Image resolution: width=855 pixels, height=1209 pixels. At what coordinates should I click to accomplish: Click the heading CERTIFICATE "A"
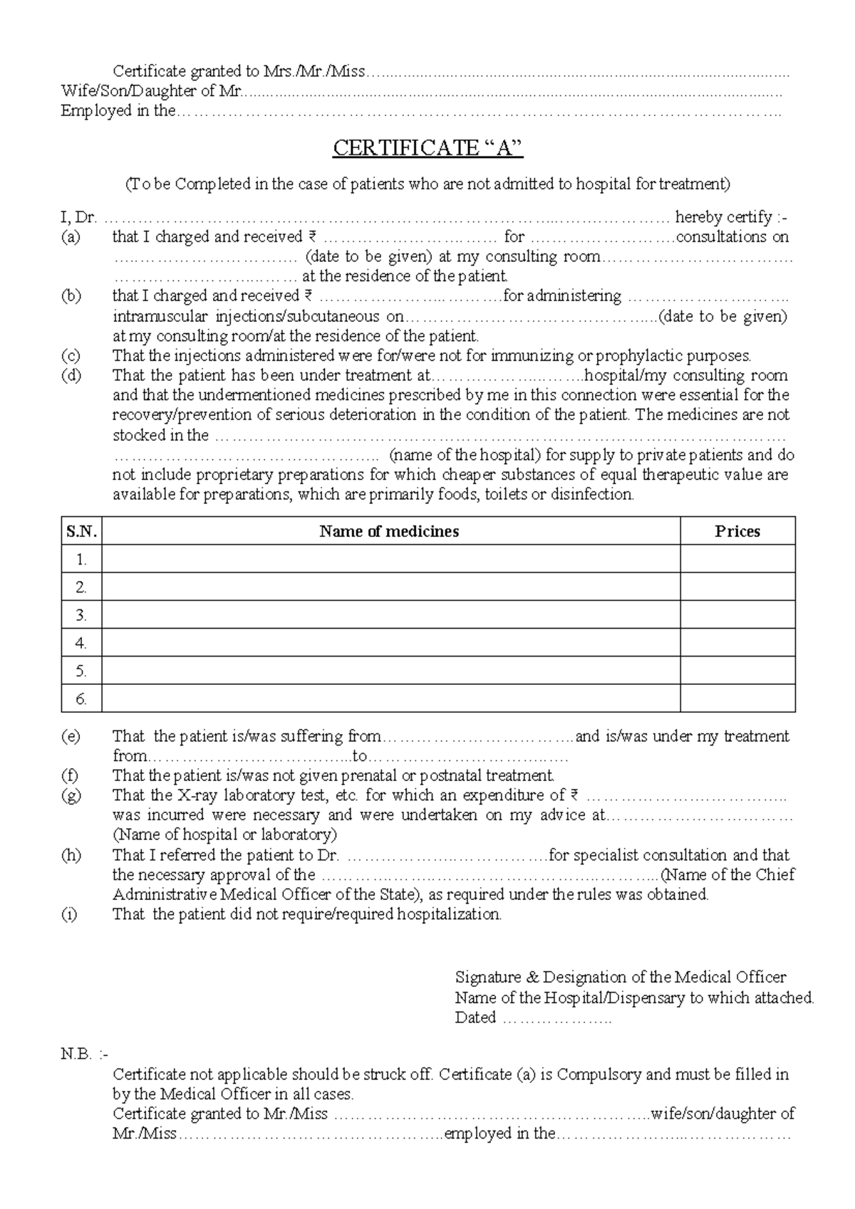tap(427, 148)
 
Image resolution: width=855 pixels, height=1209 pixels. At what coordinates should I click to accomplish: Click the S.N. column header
tap(81, 531)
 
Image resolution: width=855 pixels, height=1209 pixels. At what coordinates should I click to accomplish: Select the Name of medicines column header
tap(389, 531)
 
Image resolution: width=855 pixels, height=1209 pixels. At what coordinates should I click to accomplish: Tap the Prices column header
tap(737, 531)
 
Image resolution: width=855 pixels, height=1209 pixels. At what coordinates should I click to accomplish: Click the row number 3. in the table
tap(81, 615)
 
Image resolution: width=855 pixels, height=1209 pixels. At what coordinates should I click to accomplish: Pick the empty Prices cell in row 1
tap(737, 560)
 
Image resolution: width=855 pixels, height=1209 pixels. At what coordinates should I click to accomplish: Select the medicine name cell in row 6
tap(390, 698)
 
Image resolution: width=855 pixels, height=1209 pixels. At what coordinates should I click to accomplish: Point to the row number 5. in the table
tap(81, 671)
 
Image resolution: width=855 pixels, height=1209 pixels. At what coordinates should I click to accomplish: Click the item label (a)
tap(71, 237)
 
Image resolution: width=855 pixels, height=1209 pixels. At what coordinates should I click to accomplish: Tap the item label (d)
tap(71, 375)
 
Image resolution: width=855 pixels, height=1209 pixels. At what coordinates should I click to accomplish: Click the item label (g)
tap(71, 795)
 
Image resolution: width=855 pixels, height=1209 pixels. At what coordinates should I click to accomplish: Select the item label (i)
tap(68, 914)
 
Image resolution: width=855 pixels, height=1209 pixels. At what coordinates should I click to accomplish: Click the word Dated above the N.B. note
tap(475, 1017)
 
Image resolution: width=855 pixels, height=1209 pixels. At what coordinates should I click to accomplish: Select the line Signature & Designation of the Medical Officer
tap(620, 978)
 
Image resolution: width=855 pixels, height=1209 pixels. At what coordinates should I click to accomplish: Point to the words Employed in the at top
tap(118, 111)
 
